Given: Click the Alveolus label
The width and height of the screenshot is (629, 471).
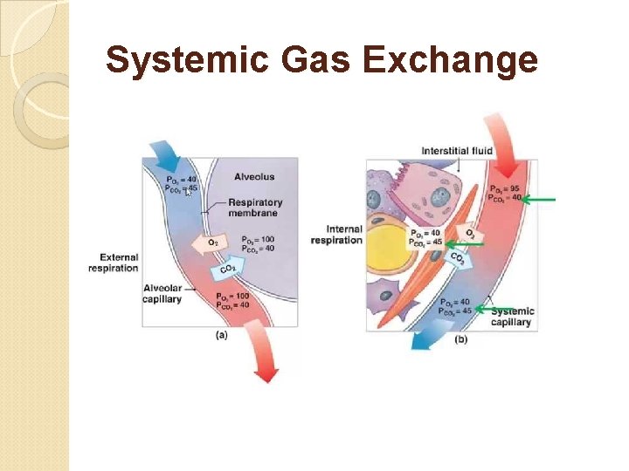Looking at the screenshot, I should (254, 177).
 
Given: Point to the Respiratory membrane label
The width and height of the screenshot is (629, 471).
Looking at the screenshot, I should (254, 208).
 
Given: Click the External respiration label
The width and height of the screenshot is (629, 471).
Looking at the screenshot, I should (114, 263).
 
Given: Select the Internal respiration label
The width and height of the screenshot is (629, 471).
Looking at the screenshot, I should (336, 235).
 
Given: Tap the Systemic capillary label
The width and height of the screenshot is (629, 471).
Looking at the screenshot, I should (512, 317).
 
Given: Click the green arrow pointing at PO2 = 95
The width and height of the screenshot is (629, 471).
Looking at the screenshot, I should (541, 200).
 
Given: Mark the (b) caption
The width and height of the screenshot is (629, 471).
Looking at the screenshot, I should (460, 339).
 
